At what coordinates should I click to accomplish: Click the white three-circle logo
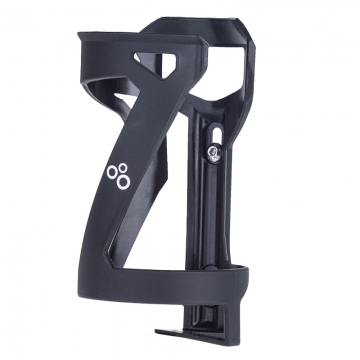116,175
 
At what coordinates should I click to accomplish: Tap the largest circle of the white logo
121,181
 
